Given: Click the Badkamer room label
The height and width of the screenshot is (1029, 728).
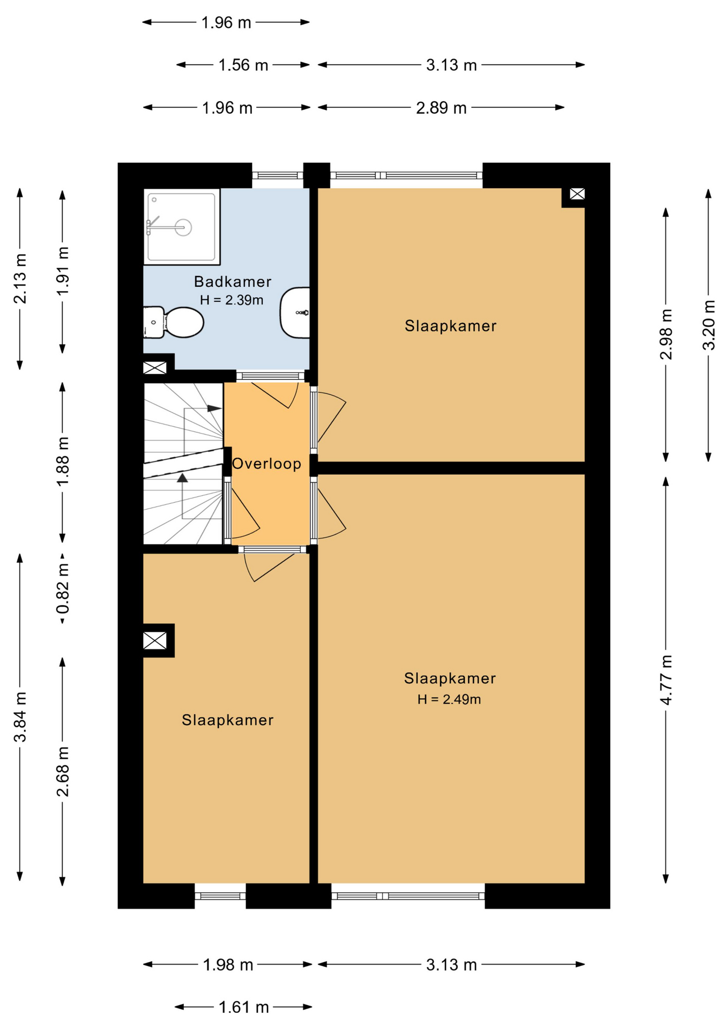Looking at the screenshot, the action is (233, 281).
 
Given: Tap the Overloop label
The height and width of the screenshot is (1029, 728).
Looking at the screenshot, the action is (266, 464).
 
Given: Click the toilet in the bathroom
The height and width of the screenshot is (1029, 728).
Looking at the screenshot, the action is (173, 322).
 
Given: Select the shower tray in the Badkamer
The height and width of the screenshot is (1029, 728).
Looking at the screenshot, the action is (182, 227).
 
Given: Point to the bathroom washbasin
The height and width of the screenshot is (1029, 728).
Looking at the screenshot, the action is (295, 313).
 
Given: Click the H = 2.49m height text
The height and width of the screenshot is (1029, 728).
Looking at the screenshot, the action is (449, 699).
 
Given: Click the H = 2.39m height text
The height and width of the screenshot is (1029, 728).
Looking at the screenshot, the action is (232, 300).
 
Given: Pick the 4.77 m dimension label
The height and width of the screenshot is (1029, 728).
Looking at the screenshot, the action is (666, 680).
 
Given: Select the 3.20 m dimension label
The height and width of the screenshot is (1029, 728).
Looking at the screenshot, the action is (709, 325).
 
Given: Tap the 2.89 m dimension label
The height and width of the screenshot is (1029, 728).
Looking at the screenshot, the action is (441, 108).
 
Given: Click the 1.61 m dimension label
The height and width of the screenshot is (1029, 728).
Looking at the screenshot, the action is (243, 1008).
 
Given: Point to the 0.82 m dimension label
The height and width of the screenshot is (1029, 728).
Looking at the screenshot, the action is (63, 588).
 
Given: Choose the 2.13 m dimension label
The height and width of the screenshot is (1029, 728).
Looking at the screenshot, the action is (20, 279).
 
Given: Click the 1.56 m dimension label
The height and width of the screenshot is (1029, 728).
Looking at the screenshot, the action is (243, 65).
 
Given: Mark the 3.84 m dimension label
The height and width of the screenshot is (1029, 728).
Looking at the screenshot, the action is (20, 717).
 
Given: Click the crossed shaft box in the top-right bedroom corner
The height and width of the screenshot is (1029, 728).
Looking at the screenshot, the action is (577, 194).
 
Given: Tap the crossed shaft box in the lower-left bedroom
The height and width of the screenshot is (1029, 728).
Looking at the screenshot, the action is (155, 640).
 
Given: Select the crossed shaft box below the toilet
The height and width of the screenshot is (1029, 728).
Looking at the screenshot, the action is (155, 368).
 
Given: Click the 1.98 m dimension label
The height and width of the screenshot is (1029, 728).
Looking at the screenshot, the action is (228, 965).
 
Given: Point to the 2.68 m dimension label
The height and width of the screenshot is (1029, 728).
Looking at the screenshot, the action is (63, 771).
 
